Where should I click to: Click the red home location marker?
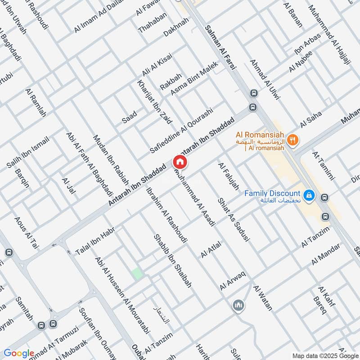(x=179, y=162)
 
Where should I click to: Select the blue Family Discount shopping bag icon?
(x=309, y=195)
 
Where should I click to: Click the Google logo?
(x=18, y=353)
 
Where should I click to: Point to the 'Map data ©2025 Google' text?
(x=324, y=355)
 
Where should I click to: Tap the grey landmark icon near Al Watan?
(x=238, y=306)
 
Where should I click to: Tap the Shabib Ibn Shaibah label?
(x=173, y=261)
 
